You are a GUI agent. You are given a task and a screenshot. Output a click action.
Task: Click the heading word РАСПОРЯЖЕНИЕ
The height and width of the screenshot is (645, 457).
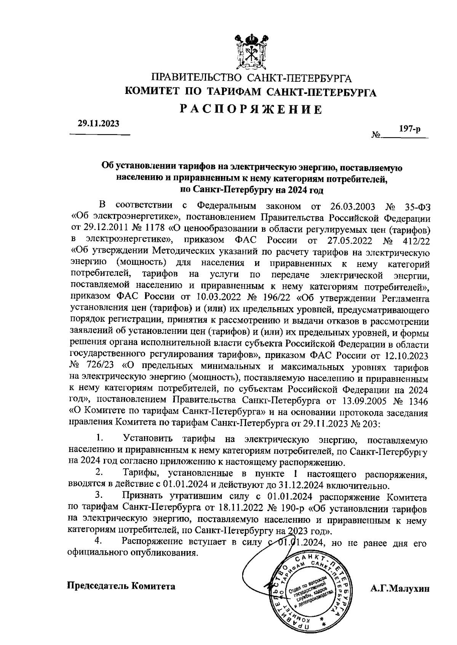[251, 110]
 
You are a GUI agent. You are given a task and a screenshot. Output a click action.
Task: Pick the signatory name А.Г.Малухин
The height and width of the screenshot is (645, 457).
[399, 588]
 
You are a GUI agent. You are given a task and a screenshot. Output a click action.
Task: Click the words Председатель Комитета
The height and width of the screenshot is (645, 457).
[121, 586]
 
